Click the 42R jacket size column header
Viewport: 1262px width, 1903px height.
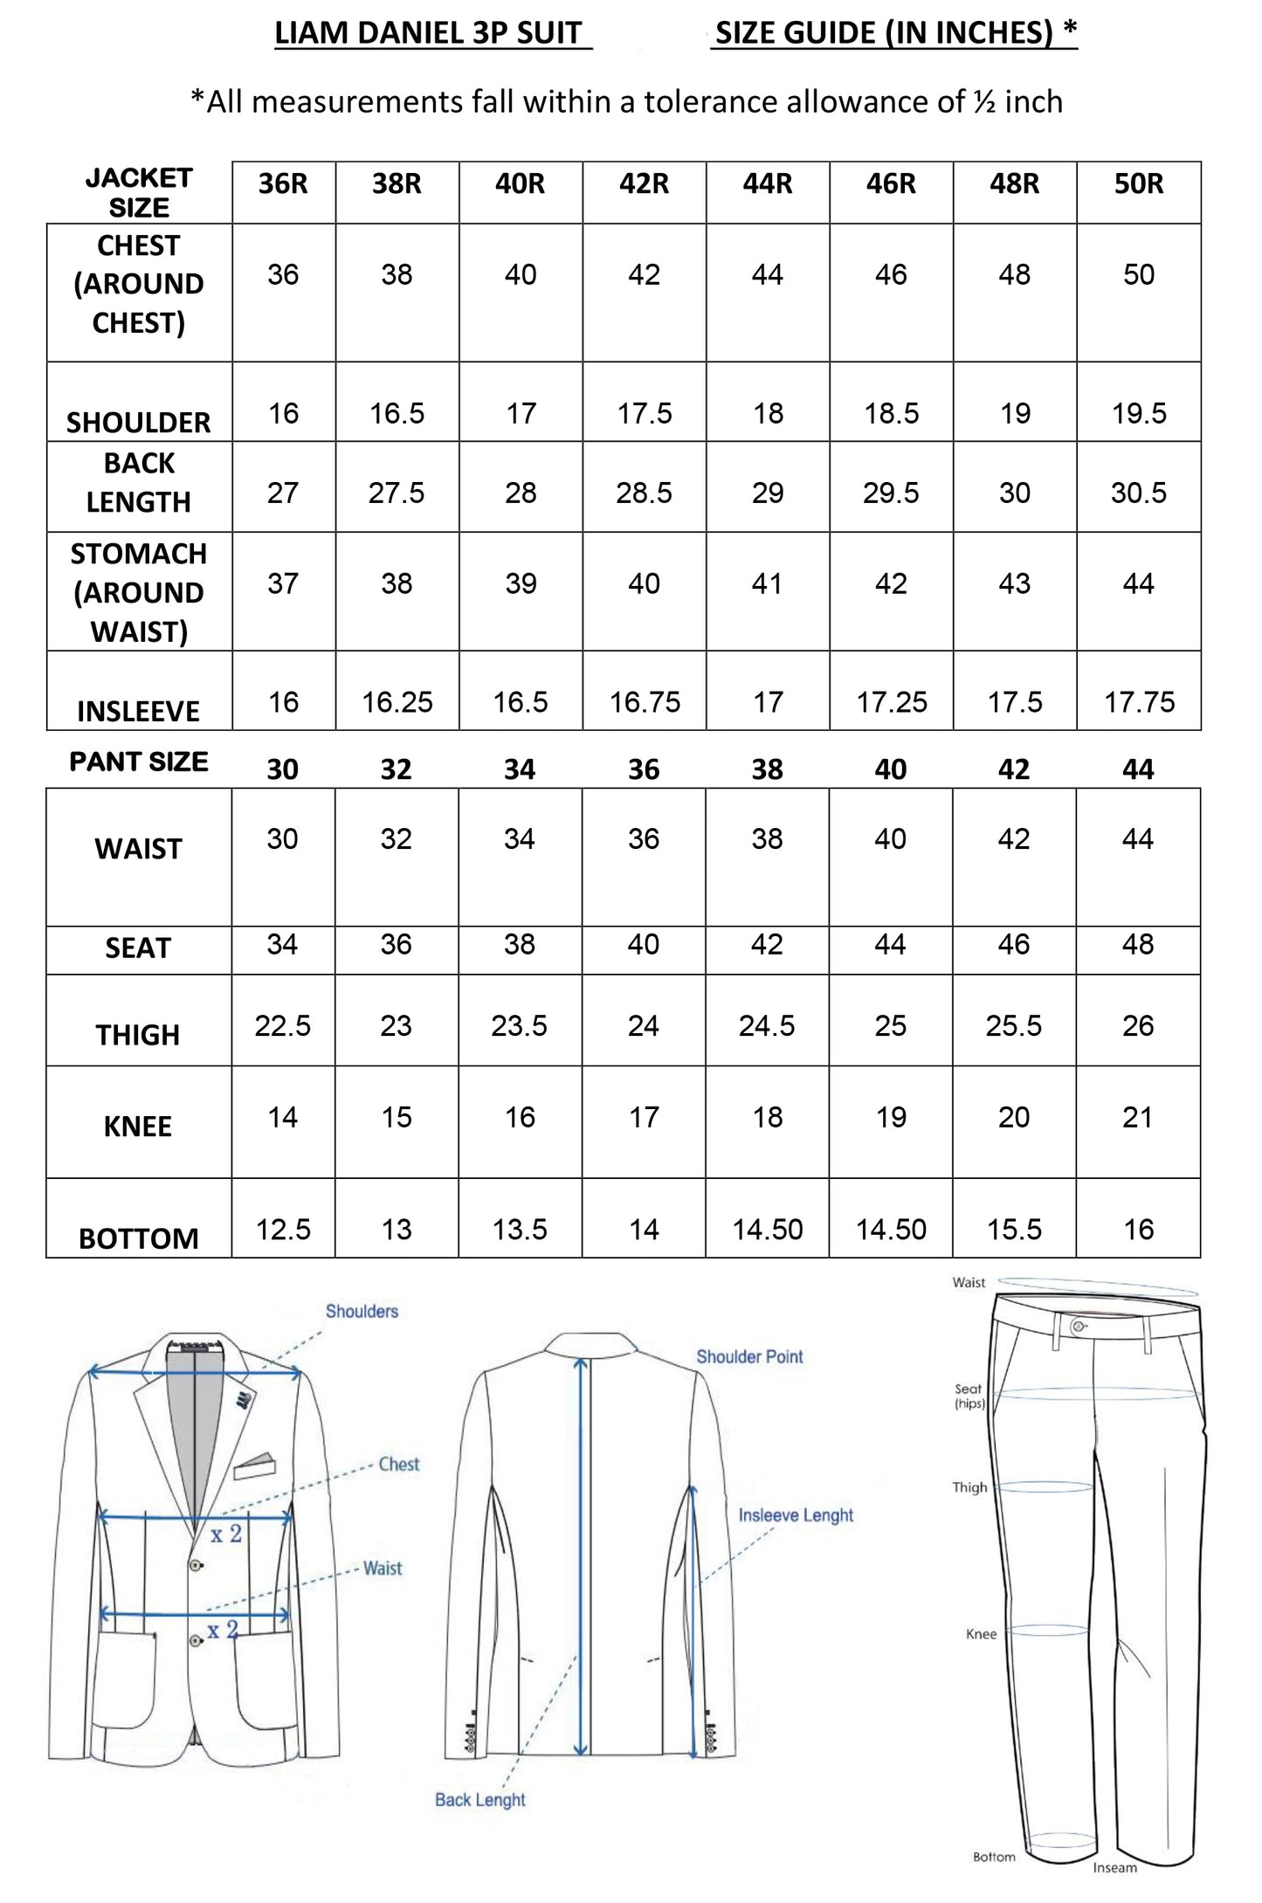click(x=644, y=184)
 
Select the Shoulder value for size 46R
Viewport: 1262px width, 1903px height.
click(x=891, y=413)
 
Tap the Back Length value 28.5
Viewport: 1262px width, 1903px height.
click(x=644, y=493)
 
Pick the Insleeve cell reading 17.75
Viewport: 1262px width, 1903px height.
click(x=1139, y=702)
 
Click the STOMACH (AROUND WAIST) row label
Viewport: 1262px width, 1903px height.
click(x=139, y=592)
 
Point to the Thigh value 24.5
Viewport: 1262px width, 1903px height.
click(x=767, y=1025)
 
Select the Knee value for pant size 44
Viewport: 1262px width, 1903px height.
click(x=1138, y=1117)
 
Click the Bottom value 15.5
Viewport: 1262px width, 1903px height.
click(x=1014, y=1230)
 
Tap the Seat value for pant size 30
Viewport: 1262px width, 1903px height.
click(x=282, y=944)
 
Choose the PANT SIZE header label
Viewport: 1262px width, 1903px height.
click(x=139, y=762)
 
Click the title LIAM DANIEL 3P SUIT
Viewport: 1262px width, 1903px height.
click(x=428, y=33)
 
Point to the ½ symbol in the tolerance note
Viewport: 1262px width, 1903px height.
click(x=984, y=103)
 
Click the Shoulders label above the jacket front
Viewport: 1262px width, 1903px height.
click(x=362, y=1311)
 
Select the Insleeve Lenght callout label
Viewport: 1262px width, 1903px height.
click(x=796, y=1515)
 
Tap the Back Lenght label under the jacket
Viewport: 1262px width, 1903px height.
click(x=480, y=1799)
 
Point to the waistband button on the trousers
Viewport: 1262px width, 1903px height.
click(x=1079, y=1327)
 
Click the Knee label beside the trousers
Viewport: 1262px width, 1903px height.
click(x=981, y=1634)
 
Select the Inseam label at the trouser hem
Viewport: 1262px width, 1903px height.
click(x=1114, y=1867)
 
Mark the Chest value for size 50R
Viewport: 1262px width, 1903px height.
click(x=1139, y=275)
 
